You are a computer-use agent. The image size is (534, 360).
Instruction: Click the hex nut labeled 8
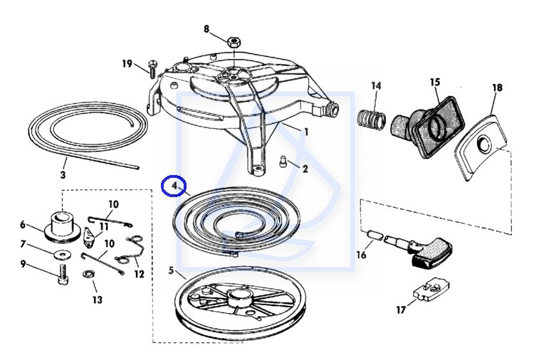[234, 42]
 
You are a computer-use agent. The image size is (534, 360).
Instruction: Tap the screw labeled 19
[152, 68]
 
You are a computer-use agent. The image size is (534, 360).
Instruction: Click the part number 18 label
[497, 88]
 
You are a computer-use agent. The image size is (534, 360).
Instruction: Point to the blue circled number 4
[173, 186]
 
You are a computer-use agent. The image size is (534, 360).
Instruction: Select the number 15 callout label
[435, 83]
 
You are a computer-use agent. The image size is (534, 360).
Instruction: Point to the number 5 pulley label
[171, 270]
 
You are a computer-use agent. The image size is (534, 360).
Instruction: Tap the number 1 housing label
[307, 132]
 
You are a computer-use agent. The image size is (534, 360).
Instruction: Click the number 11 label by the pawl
[105, 226]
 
